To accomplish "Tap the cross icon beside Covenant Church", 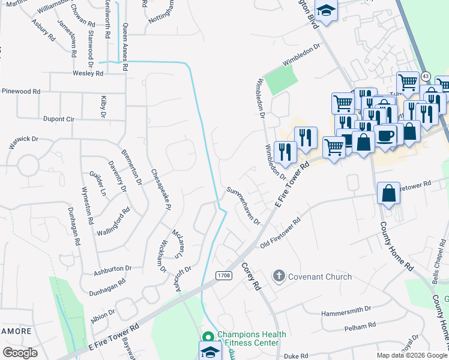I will pyautogui.click(x=279, y=276).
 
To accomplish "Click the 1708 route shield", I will pyautogui.click(x=224, y=275).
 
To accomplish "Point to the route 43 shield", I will pyautogui.click(x=425, y=76).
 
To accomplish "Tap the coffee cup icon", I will pyautogui.click(x=385, y=135).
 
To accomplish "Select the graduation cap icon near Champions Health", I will pyautogui.click(x=211, y=350).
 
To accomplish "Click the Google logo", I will pyautogui.click(x=20, y=352).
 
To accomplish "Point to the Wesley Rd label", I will pyautogui.click(x=88, y=73).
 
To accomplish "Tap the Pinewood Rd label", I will pyautogui.click(x=21, y=91).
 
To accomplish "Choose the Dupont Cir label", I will pyautogui.click(x=58, y=119).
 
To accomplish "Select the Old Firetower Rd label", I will pyautogui.click(x=280, y=233).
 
